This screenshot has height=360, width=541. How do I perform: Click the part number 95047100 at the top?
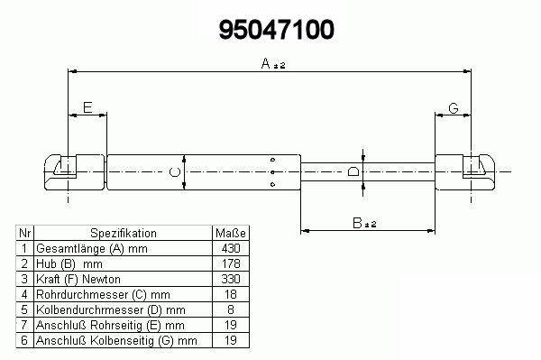pos(277,30)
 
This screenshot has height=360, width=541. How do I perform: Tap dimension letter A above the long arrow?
pos(266,63)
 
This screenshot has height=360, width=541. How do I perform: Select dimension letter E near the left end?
pos(87,107)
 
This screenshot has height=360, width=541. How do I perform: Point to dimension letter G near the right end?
pos(454,108)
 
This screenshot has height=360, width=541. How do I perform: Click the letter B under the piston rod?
pos(357,223)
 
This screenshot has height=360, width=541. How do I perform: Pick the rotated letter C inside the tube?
pos(175,171)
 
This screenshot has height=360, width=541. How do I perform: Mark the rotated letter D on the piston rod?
pos(353,171)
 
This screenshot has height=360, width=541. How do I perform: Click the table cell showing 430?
pos(231,248)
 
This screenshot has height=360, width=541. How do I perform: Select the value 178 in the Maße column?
pos(231,263)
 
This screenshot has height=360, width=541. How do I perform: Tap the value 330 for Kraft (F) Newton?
pos(231,279)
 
